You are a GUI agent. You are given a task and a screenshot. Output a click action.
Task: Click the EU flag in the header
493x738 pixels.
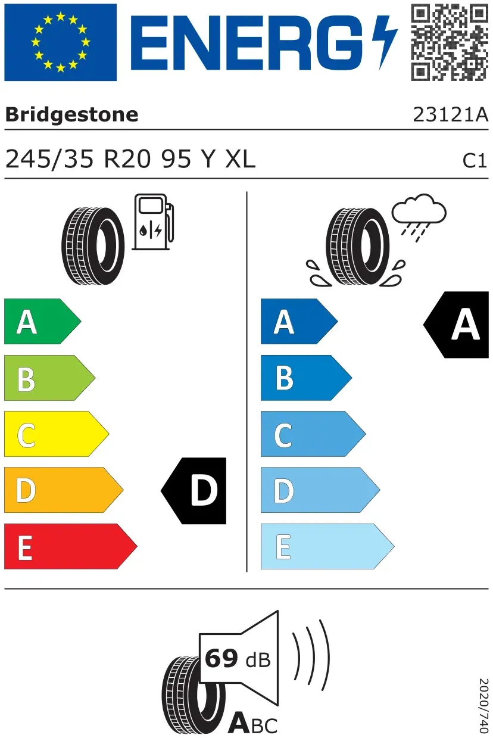click(x=60, y=42)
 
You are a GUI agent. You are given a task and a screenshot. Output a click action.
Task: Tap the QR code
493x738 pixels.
click(x=450, y=42)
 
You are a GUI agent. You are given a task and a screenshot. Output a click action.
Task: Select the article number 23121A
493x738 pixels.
click(x=450, y=114)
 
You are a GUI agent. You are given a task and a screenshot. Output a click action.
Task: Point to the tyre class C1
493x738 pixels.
click(x=475, y=161)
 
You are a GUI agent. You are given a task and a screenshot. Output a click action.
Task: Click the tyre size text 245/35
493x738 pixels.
click(x=49, y=160)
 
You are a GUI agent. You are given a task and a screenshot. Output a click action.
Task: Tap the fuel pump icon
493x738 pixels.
click(x=153, y=222)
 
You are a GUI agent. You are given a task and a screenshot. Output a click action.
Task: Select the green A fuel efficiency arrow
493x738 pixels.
click(x=42, y=321)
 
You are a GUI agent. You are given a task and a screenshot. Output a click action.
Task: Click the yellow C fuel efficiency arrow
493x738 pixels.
click(x=57, y=434)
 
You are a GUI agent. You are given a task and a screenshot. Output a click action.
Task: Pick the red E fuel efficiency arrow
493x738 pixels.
click(x=70, y=546)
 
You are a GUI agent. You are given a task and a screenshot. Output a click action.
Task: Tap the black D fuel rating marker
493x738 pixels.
click(x=194, y=491)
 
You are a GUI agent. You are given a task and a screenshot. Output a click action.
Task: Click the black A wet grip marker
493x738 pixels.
click(x=457, y=325)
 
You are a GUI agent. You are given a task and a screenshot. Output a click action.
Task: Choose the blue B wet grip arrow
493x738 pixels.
click(x=306, y=378)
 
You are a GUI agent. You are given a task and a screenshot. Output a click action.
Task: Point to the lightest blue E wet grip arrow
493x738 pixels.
click(x=327, y=546)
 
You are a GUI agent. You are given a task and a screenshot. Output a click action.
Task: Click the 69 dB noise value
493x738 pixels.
click(x=238, y=659)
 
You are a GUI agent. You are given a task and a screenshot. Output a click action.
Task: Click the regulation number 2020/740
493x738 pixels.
click(x=483, y=705)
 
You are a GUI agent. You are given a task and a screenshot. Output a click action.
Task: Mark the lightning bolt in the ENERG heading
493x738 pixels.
click(x=385, y=42)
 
